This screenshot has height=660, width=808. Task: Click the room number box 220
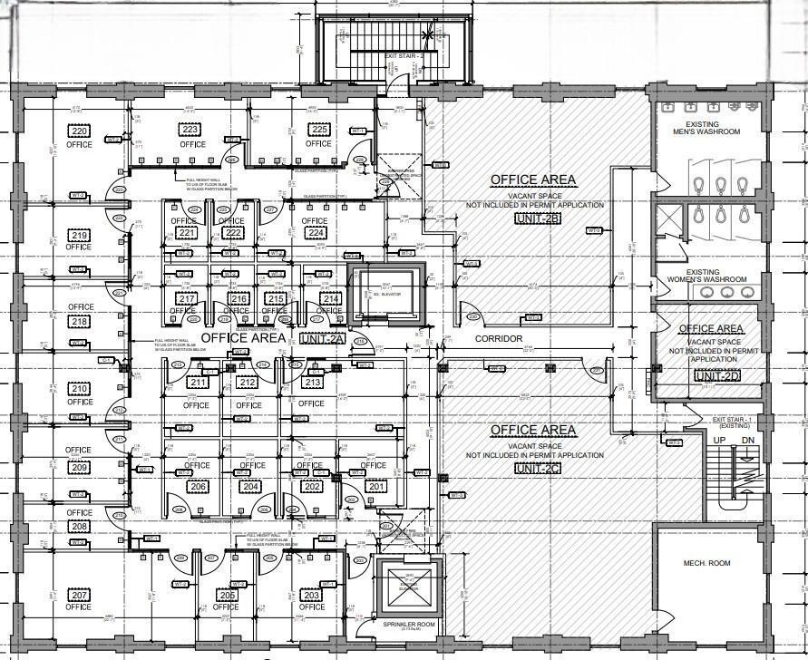79,131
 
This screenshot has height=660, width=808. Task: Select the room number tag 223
192,131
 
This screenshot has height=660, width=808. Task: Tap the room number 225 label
318,131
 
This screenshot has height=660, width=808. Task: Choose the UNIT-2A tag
322,338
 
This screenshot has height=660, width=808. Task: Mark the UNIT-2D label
717,375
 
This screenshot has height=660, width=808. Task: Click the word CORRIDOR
499,339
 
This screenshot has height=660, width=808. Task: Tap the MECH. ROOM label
706,563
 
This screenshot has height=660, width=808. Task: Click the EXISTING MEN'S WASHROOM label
714,128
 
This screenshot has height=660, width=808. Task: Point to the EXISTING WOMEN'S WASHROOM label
714,276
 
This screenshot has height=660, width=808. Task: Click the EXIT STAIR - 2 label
404,56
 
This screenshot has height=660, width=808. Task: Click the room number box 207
79,595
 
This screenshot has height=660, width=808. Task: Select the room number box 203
311,595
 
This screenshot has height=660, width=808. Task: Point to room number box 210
79,388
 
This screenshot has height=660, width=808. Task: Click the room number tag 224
316,233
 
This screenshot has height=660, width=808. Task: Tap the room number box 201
375,487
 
